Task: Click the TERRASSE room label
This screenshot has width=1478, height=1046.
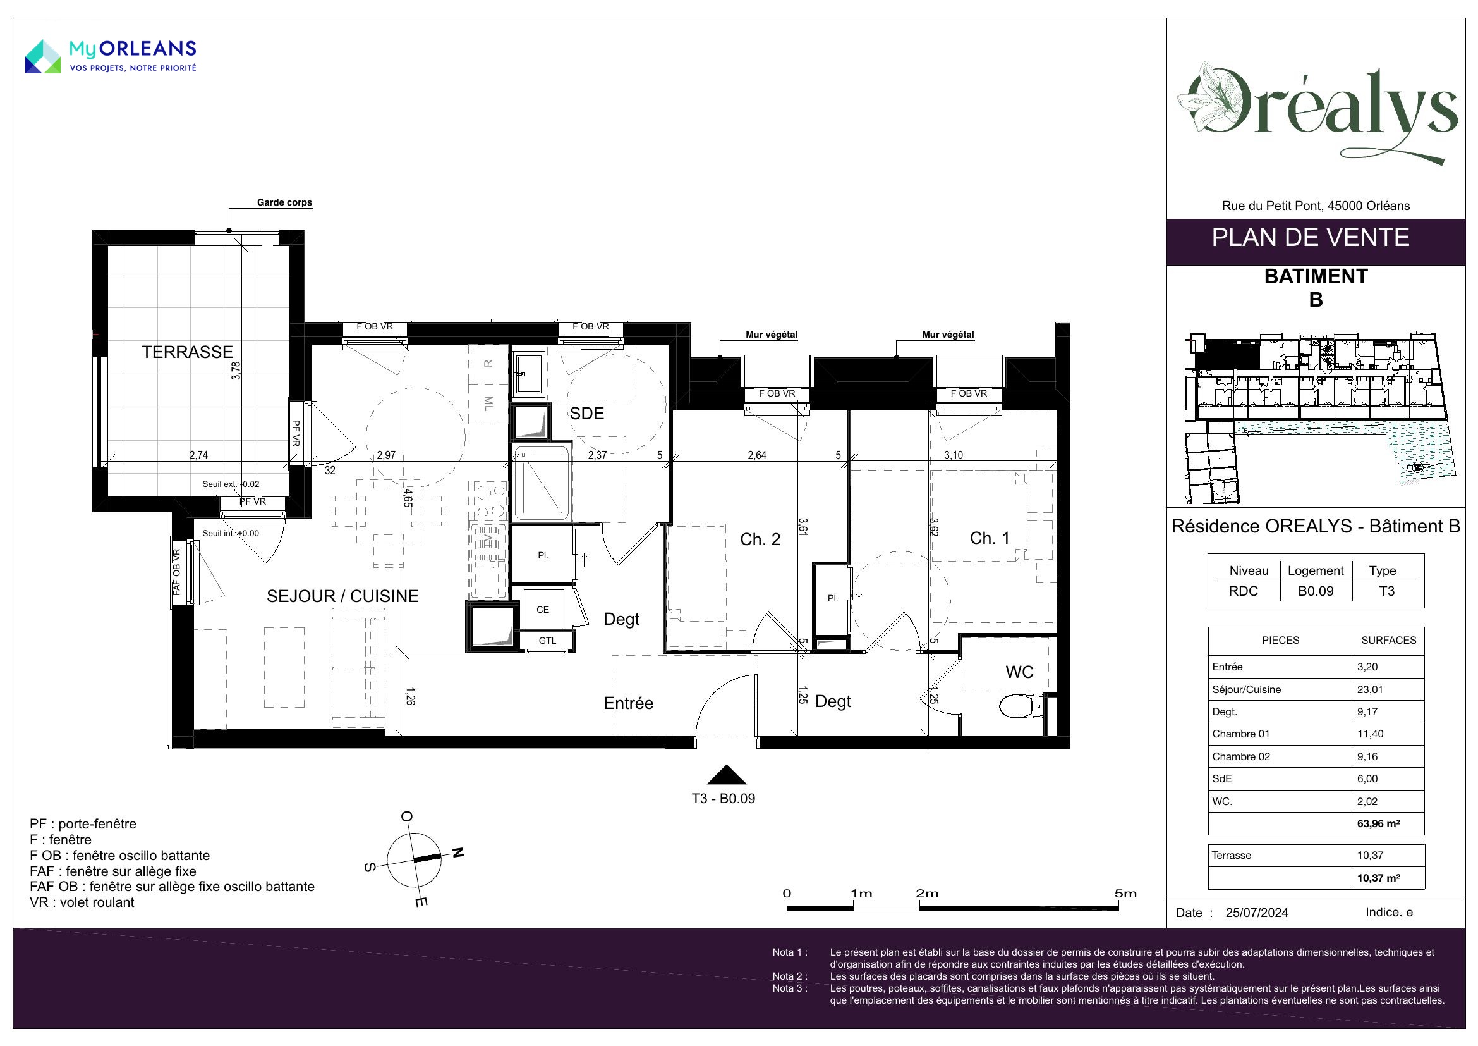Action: click(x=187, y=352)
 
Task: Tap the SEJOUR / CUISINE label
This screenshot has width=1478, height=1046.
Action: click(x=342, y=596)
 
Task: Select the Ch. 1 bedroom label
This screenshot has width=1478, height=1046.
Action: click(x=990, y=538)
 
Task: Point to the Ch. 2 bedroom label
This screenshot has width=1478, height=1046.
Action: click(x=760, y=539)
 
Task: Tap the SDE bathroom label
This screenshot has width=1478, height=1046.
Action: click(x=586, y=414)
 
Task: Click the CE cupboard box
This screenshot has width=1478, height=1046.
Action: click(x=543, y=609)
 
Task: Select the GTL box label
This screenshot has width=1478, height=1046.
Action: click(x=547, y=641)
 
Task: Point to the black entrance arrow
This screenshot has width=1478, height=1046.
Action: click(x=726, y=774)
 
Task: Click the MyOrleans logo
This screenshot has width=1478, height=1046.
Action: click(x=111, y=56)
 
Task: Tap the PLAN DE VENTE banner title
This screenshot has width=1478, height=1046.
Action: click(x=1311, y=238)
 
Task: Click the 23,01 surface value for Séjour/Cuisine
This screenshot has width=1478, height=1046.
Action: click(x=1370, y=689)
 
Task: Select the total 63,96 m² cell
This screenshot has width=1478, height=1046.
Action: click(x=1379, y=823)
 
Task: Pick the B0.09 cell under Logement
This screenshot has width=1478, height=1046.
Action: click(x=1315, y=591)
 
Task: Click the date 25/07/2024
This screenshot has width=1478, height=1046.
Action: click(x=1257, y=913)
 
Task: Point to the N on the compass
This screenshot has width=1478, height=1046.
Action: click(x=457, y=852)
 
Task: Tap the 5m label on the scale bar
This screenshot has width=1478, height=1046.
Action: click(x=1126, y=894)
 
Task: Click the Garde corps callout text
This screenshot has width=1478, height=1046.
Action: click(x=284, y=202)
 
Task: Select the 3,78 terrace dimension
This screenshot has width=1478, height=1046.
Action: click(x=236, y=371)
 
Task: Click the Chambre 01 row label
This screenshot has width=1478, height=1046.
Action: click(x=1240, y=734)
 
